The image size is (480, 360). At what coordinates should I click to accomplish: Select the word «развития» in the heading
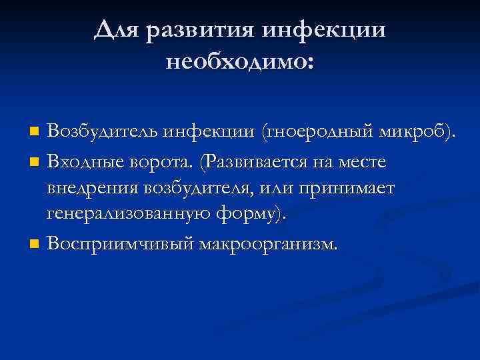(201, 30)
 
